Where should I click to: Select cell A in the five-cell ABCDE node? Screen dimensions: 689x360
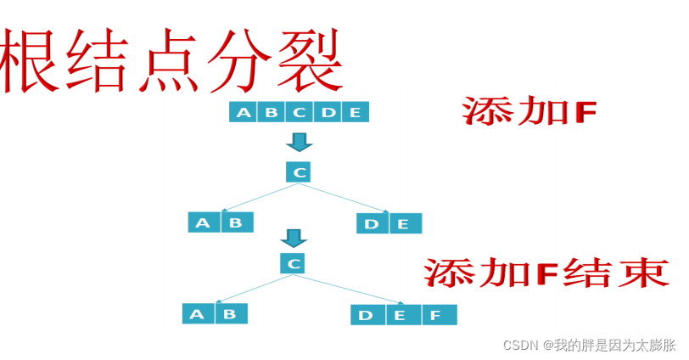[244, 112]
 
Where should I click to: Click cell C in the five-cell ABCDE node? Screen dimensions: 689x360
[300, 112]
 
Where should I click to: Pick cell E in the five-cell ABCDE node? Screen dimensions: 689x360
[355, 112]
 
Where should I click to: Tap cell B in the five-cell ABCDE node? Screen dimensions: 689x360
[272, 112]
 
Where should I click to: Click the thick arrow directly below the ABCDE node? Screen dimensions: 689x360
[299, 141]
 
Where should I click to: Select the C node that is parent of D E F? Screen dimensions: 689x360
[293, 264]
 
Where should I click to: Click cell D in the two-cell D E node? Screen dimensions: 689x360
[373, 223]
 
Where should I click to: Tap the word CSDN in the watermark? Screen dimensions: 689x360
[521, 345]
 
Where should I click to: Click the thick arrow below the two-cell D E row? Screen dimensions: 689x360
[294, 238]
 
